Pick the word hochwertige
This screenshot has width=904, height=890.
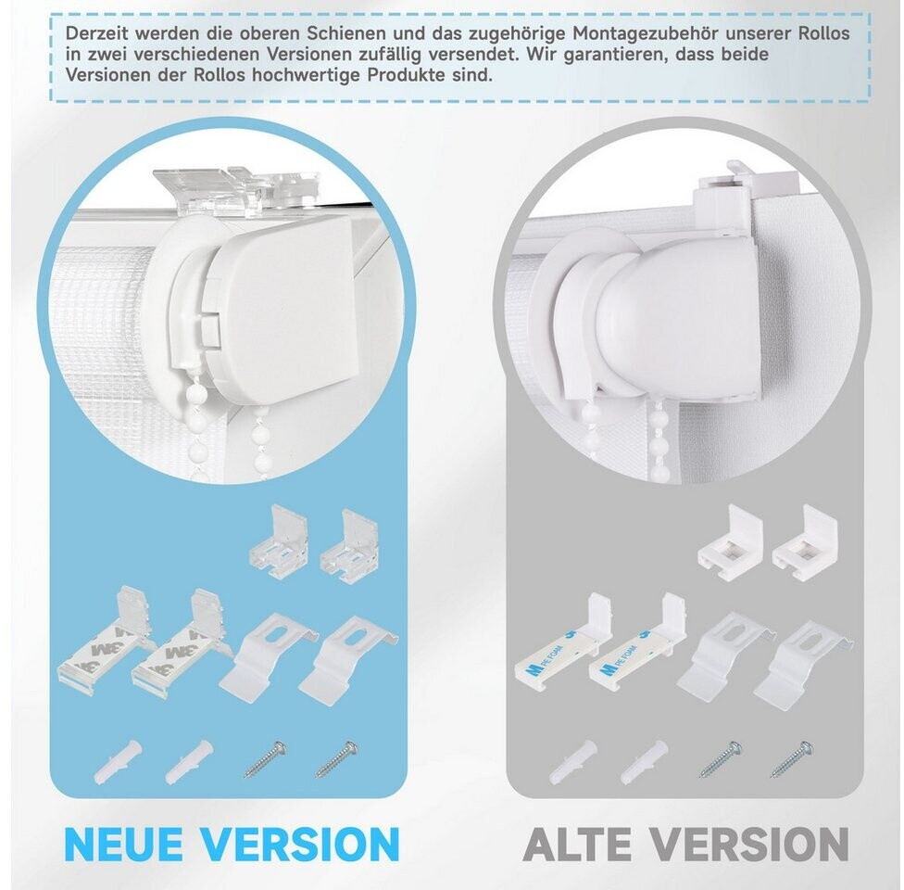point(302,76)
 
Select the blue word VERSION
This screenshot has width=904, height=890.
point(300,845)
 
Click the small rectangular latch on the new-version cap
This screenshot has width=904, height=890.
point(210,331)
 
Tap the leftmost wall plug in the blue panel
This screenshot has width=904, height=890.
point(118,761)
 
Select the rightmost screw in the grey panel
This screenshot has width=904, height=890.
point(793,759)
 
